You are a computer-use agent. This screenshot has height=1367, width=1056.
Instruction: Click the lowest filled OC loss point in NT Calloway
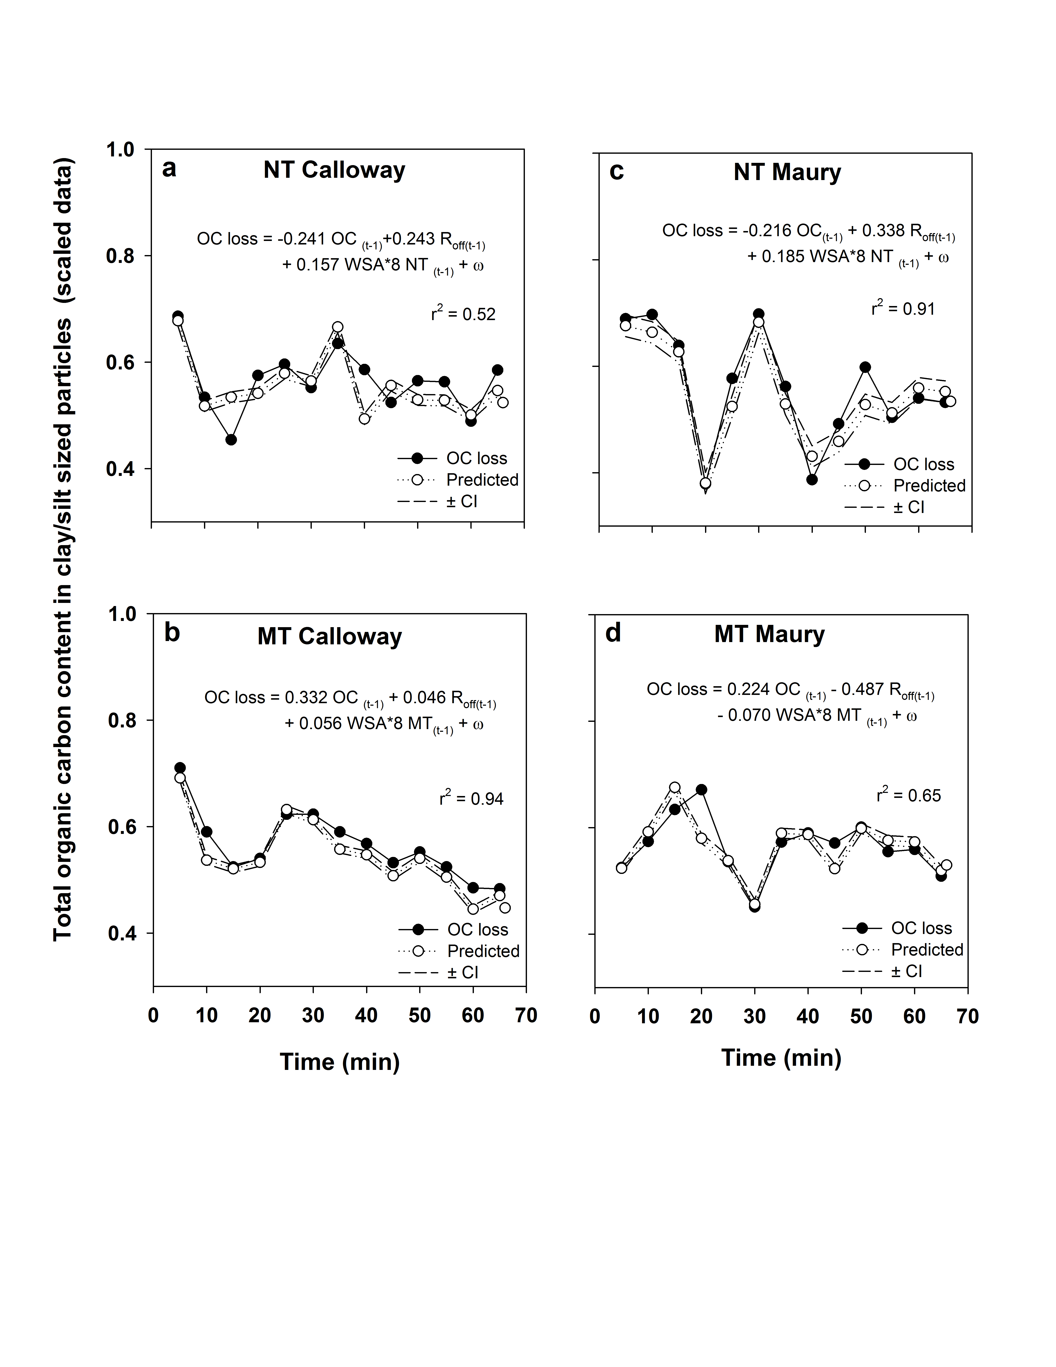[231, 439]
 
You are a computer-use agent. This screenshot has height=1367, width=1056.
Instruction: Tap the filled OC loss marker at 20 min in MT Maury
[702, 790]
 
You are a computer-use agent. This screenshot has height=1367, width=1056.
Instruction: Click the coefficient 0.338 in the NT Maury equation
[883, 231]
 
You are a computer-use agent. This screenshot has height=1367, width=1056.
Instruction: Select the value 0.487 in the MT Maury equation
[868, 689]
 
